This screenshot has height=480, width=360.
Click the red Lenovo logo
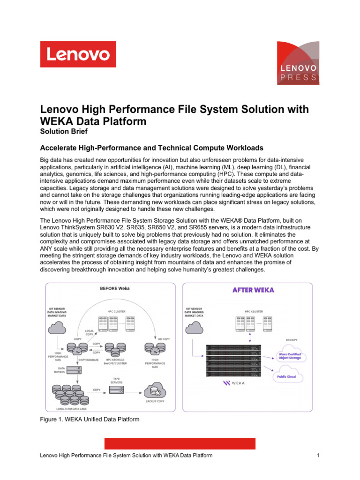78,54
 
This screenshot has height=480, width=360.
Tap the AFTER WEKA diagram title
254,290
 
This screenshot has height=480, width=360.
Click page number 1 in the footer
318,455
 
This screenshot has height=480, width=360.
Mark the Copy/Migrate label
88,360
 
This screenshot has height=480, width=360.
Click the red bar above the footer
180,443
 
